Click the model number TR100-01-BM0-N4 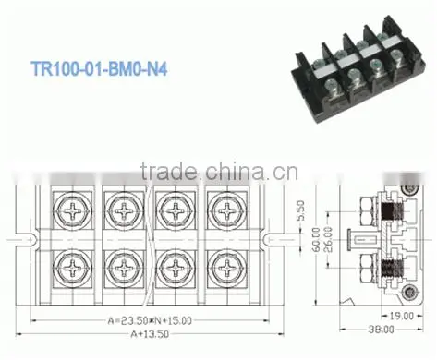coord(99,68)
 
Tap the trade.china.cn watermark coord(219,171)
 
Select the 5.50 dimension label coord(300,210)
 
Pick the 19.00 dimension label coord(401,316)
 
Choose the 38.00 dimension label coord(382,330)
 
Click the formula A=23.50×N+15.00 coord(150,320)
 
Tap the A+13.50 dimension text coord(150,334)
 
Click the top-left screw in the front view coord(73,211)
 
